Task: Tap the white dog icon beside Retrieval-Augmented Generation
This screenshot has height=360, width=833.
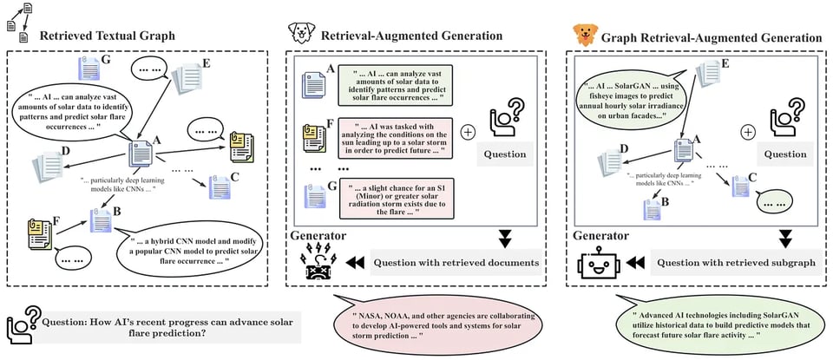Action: [x=300, y=34]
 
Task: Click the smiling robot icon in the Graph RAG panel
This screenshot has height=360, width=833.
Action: [x=595, y=264]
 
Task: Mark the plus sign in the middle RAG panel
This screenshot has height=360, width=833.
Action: [x=469, y=133]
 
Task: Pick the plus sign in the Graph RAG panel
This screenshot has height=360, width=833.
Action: [x=747, y=133]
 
